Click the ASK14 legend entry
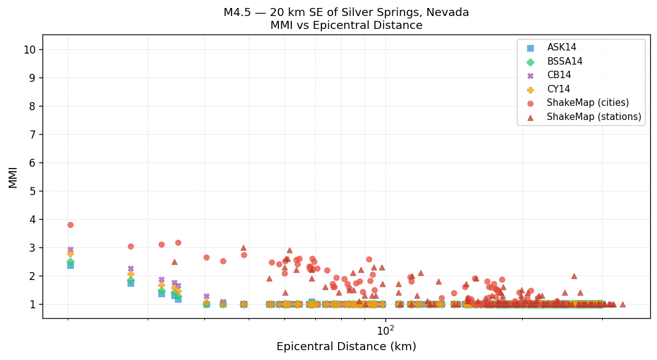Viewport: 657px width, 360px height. point(562,47)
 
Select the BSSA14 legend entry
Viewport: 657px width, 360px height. point(565,62)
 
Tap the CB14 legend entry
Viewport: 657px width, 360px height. point(559,75)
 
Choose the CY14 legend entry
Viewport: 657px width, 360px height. point(558,89)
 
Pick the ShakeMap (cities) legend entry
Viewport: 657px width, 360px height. point(587,103)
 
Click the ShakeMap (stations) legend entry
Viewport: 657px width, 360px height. point(594,117)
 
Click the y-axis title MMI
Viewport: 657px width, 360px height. point(13,177)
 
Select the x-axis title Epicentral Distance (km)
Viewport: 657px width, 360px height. point(346,346)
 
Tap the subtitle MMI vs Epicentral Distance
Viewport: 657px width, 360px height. point(346,26)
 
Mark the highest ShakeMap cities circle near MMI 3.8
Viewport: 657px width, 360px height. point(70,225)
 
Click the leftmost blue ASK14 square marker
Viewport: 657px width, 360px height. point(70,265)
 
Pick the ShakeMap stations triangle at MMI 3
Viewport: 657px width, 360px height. point(243,247)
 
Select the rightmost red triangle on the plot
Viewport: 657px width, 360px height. point(623,304)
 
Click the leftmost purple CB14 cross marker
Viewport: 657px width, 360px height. point(70,249)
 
